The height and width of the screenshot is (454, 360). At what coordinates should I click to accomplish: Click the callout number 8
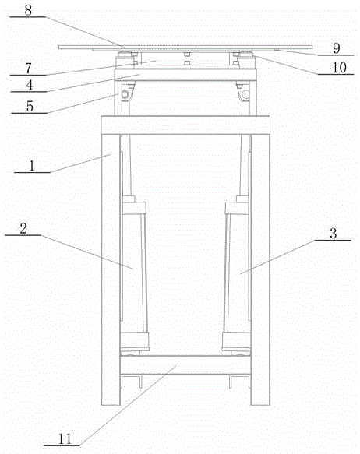[28, 10]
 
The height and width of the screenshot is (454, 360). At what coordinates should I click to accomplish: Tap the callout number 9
[337, 48]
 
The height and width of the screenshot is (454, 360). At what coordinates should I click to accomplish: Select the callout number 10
[339, 68]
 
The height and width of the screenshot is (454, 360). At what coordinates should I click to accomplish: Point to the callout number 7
[28, 69]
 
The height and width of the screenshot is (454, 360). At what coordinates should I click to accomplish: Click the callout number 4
[30, 85]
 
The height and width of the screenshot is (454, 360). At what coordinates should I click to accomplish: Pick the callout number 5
[30, 106]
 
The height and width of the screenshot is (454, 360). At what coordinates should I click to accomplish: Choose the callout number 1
[32, 166]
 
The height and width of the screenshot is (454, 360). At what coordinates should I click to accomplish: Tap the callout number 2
[23, 228]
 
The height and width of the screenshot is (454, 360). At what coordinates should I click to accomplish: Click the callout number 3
[333, 234]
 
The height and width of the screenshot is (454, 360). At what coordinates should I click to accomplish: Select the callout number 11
[65, 439]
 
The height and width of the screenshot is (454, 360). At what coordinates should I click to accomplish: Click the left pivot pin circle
[125, 94]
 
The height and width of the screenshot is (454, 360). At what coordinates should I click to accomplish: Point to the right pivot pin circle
[246, 94]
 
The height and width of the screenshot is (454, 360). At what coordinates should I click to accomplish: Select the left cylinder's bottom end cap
[134, 342]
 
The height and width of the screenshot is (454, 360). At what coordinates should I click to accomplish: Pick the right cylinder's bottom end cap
[236, 342]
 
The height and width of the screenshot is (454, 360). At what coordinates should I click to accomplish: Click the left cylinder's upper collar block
[134, 209]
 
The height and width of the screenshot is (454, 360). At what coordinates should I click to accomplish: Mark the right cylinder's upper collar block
[237, 209]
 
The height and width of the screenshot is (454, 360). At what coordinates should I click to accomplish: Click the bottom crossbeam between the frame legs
[185, 364]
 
